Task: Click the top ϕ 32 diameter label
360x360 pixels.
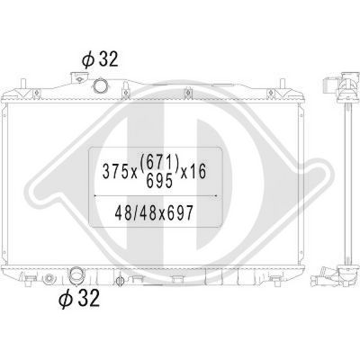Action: pos(100,59)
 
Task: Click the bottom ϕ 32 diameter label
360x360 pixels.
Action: pos(79,298)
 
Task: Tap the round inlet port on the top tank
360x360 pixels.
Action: pos(99,85)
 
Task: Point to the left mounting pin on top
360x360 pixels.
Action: pos(22,84)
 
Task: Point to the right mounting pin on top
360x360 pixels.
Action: pos(282,84)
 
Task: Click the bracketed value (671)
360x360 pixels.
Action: pos(159,164)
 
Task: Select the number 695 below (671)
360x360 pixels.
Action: pos(159,181)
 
